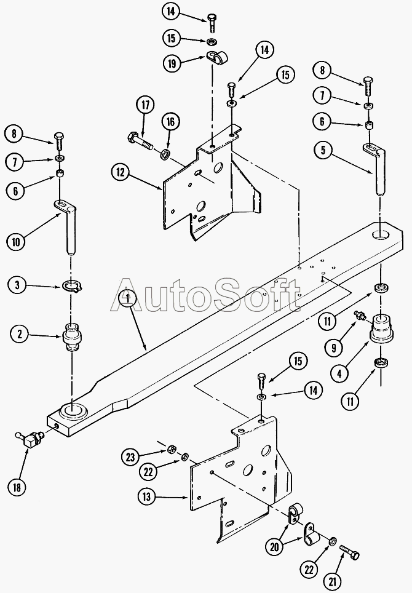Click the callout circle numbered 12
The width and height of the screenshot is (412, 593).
click(121, 172)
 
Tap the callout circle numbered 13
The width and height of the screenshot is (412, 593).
click(146, 496)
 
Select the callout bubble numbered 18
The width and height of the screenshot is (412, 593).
click(17, 487)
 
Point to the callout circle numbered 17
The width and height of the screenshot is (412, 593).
click(145, 105)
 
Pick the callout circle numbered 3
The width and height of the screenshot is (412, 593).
click(17, 285)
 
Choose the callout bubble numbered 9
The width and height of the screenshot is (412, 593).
click(334, 347)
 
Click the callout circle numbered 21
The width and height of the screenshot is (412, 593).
click(333, 581)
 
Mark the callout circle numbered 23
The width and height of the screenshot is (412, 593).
click(131, 457)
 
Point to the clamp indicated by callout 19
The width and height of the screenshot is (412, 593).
click(218, 57)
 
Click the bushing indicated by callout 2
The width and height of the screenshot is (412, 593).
click(72, 336)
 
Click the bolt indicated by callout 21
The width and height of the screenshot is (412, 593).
click(349, 551)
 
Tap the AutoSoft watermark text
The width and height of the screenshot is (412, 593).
click(205, 295)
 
